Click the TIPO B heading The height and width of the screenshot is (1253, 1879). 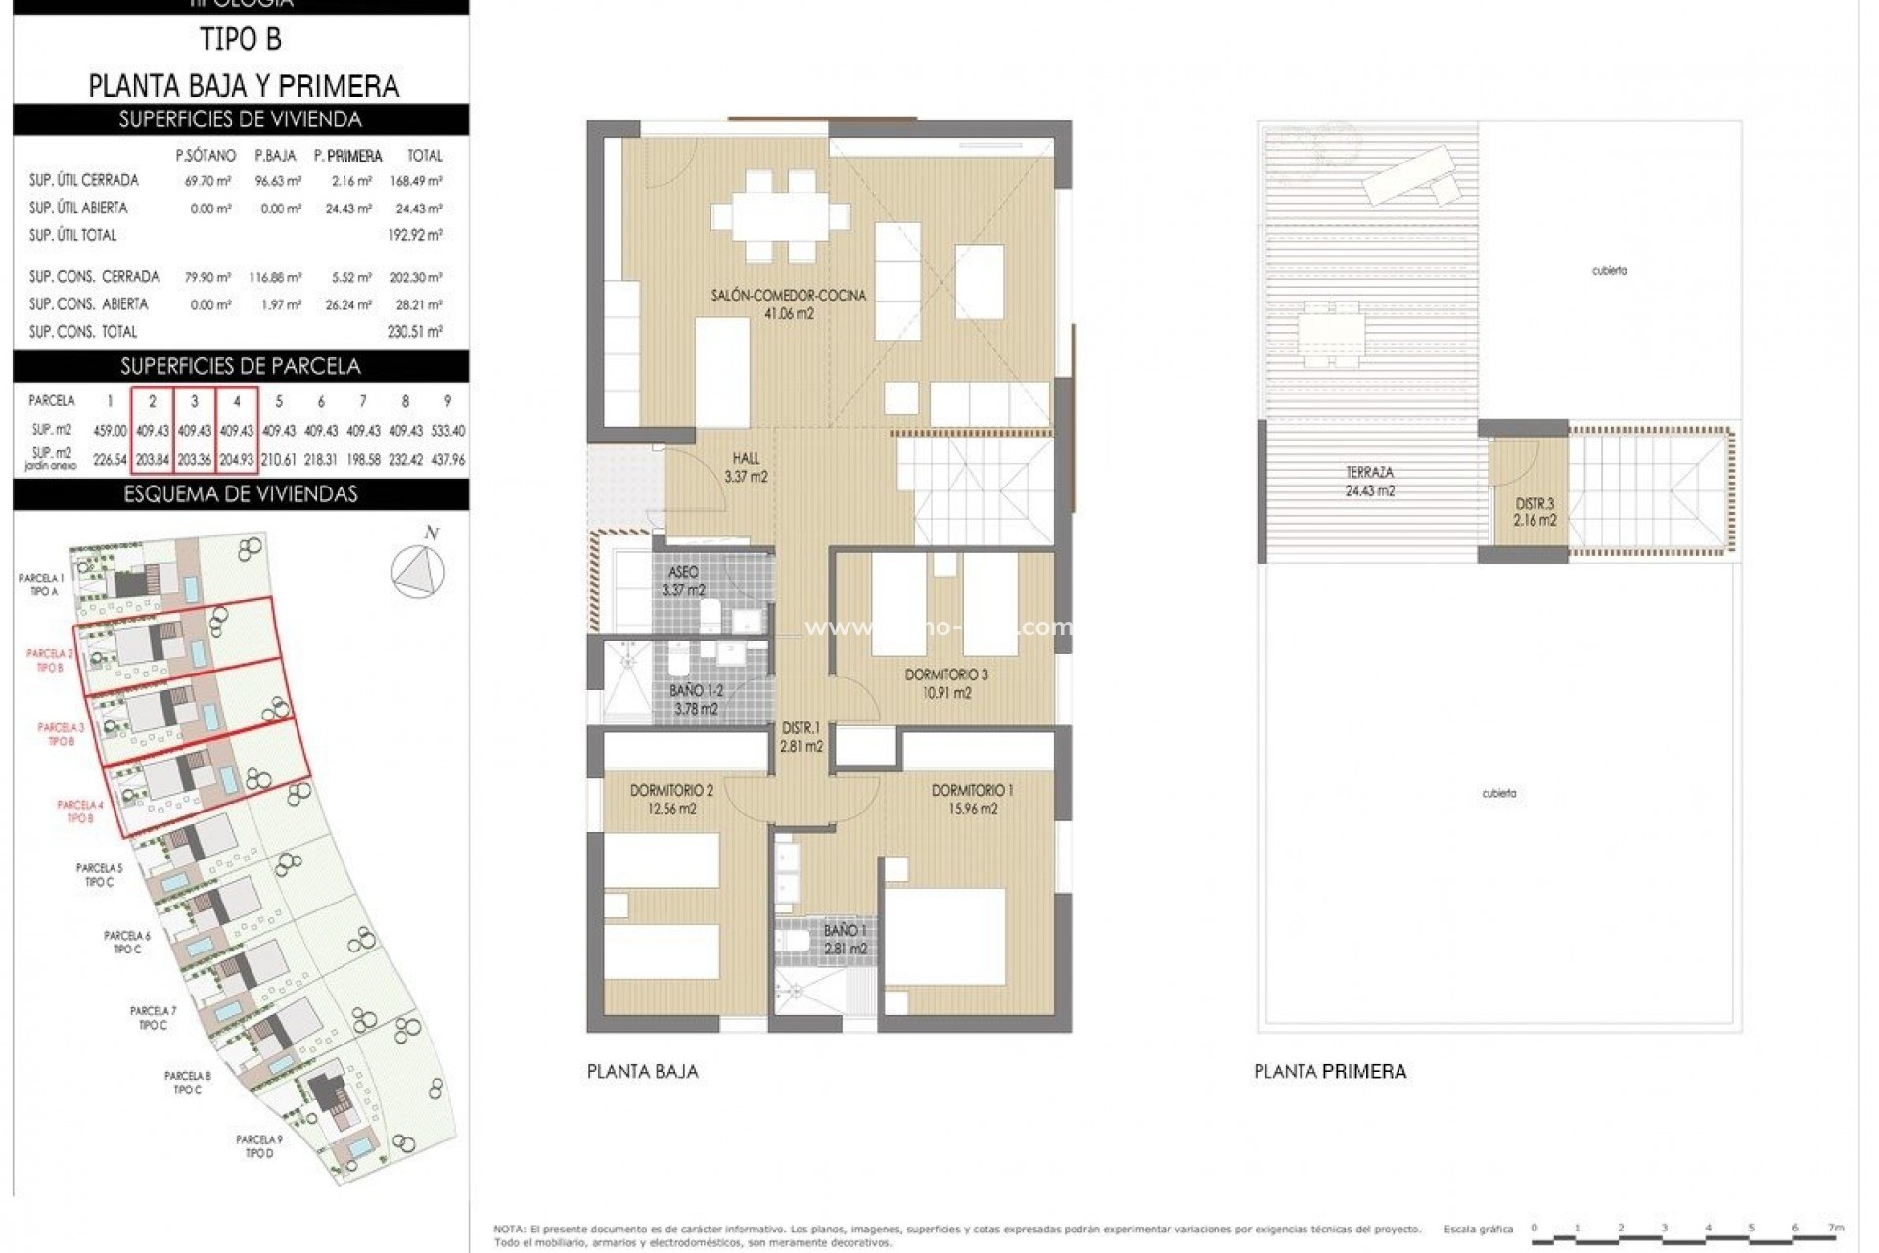click(241, 40)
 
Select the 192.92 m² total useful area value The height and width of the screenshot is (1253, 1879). click(415, 235)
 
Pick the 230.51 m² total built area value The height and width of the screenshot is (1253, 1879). click(415, 332)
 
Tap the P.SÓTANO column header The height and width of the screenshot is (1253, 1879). click(206, 156)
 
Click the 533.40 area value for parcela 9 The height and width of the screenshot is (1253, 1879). click(447, 431)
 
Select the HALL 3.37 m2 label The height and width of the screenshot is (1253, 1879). click(746, 468)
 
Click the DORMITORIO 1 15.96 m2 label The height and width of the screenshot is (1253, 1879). click(972, 799)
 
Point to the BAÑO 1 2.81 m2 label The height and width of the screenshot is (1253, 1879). click(845, 940)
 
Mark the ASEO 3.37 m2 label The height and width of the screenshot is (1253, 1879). click(683, 580)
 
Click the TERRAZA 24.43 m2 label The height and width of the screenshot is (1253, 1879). click(1369, 482)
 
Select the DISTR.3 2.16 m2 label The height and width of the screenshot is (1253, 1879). click(1535, 512)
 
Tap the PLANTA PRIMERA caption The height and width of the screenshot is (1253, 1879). click(1330, 1072)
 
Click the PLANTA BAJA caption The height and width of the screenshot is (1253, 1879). click(642, 1072)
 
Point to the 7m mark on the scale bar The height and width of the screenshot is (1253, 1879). click(1836, 1228)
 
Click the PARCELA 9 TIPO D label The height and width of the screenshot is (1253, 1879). click(259, 1146)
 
